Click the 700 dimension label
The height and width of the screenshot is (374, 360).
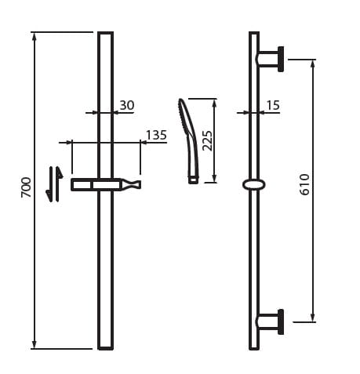[x=26, y=187]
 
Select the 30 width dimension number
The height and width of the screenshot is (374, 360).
[x=127, y=105]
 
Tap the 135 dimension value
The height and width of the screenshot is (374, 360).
[x=156, y=136]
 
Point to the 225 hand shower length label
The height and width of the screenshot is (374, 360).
[x=207, y=140]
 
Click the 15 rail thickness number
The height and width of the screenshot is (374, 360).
[x=273, y=105]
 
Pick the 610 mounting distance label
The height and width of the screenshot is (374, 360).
[x=304, y=184]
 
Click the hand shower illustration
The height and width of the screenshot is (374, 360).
[x=188, y=141]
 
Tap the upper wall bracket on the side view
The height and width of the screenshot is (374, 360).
[x=271, y=59]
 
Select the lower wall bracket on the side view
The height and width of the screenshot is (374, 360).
[x=271, y=321]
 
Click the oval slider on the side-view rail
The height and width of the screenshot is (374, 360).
[x=254, y=184]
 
